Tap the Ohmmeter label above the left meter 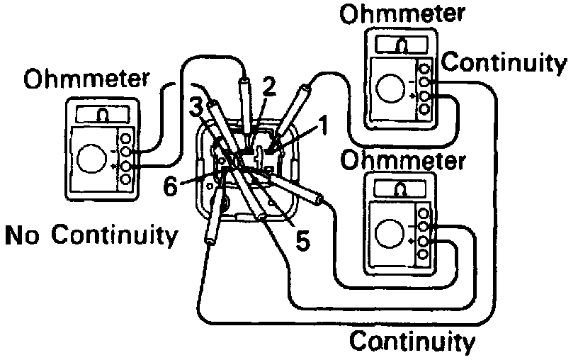tap(87, 79)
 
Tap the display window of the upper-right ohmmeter tap(402, 45)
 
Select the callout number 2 tap(267, 87)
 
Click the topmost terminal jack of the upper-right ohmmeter tap(424, 69)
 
